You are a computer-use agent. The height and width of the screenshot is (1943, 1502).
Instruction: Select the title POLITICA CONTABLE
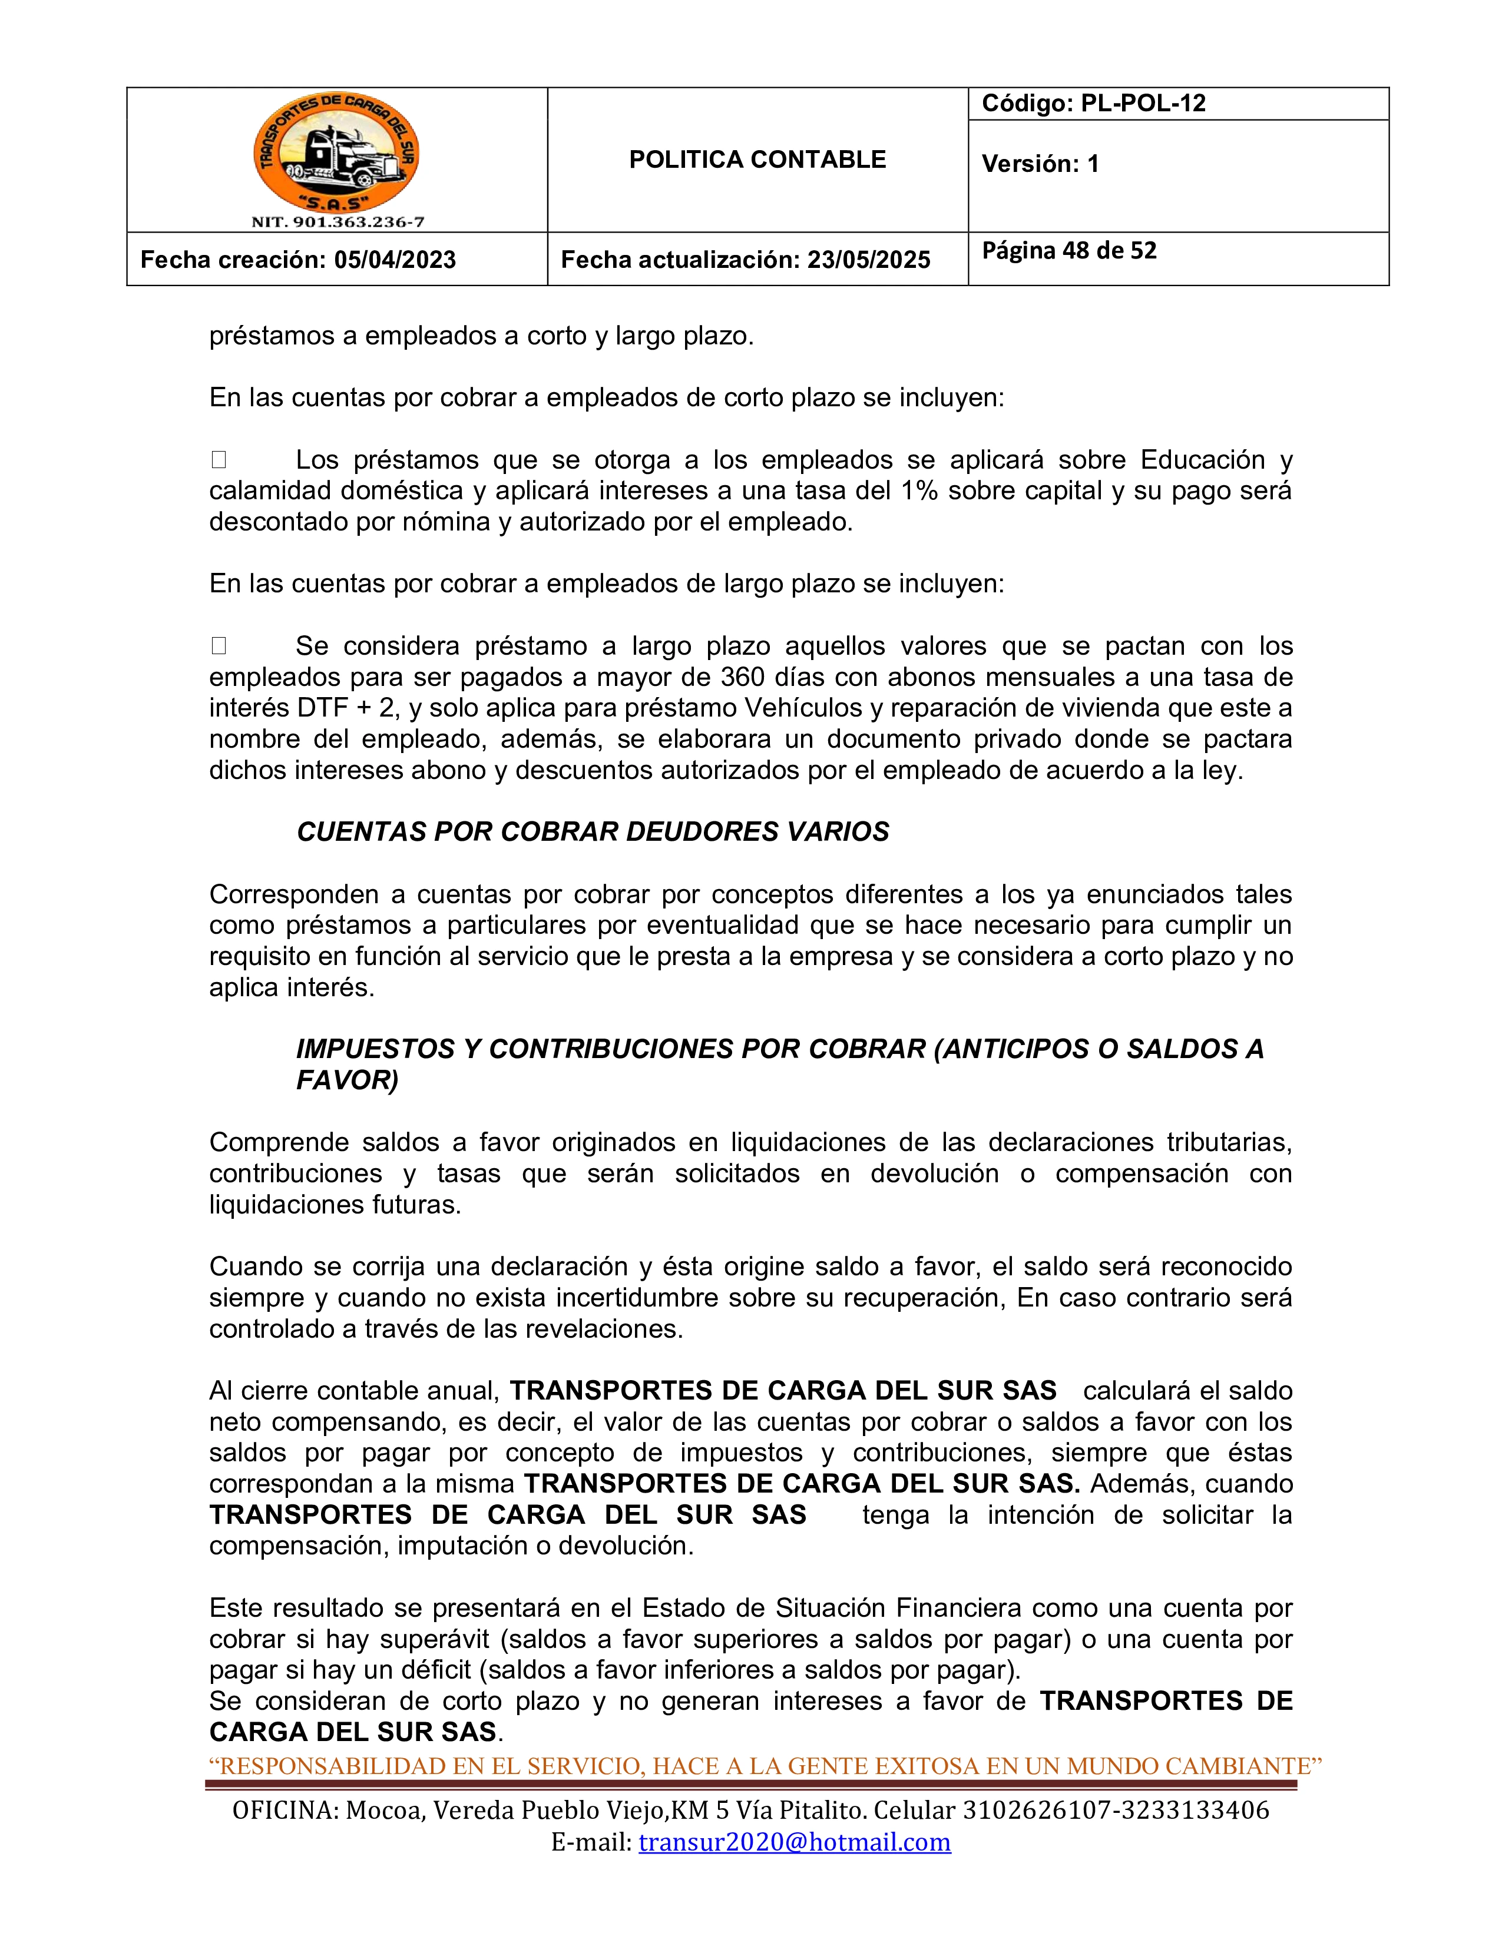pyautogui.click(x=757, y=160)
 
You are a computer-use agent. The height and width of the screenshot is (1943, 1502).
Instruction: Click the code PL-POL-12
pyautogui.click(x=1143, y=103)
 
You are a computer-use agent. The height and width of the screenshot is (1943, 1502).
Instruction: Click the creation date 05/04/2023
pyautogui.click(x=395, y=260)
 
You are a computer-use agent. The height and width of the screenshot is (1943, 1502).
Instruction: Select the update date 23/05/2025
pyautogui.click(x=868, y=260)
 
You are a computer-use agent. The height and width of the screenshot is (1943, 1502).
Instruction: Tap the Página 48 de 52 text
pyautogui.click(x=1068, y=251)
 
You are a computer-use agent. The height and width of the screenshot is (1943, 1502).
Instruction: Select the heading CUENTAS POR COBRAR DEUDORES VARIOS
pyautogui.click(x=593, y=832)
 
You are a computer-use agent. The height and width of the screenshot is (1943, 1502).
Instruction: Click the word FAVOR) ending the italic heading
pyautogui.click(x=347, y=1080)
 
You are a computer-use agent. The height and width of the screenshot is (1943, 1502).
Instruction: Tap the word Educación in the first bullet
pyautogui.click(x=1202, y=460)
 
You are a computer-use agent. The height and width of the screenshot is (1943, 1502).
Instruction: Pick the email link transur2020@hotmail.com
pyautogui.click(x=795, y=1842)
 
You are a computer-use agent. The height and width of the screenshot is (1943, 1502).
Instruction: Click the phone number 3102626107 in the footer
pyautogui.click(x=1032, y=1811)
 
